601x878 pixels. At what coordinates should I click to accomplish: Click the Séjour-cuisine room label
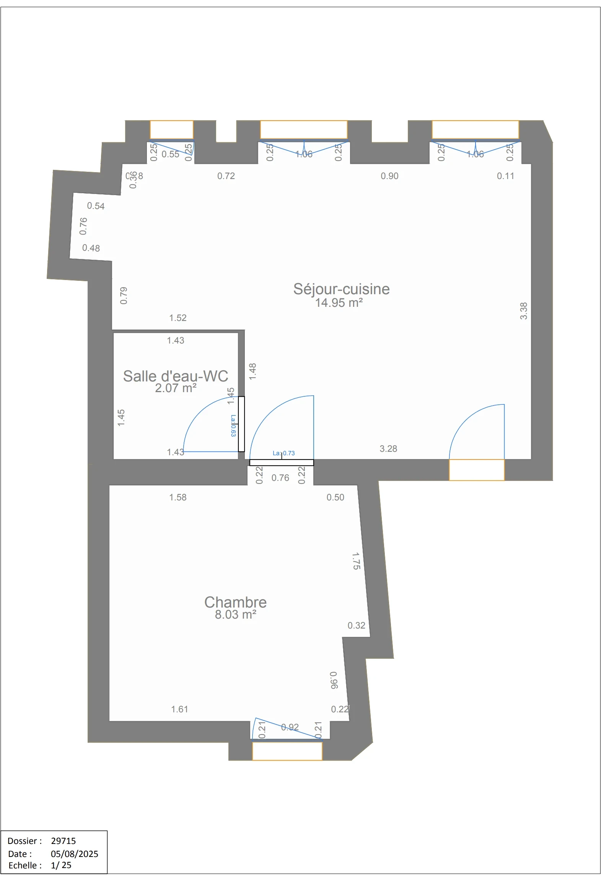tap(341, 289)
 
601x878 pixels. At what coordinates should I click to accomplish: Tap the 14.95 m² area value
tap(339, 303)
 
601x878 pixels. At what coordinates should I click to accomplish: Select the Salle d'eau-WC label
tap(175, 376)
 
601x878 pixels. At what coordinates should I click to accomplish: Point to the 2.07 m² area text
tap(175, 388)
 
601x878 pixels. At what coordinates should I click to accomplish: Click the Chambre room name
tap(235, 602)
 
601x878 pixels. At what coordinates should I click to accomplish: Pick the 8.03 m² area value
tap(235, 615)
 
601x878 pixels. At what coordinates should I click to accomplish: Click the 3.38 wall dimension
tap(523, 311)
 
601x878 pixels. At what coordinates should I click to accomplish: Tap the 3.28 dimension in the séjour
tap(388, 449)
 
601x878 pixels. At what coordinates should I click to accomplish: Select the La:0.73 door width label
tap(283, 453)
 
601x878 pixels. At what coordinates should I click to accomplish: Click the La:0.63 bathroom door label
tap(233, 425)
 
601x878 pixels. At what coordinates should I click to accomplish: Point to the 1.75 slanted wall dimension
tap(356, 561)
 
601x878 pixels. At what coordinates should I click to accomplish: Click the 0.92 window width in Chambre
tap(290, 727)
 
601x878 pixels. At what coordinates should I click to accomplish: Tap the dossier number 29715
tap(64, 841)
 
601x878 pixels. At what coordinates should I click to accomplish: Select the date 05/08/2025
tap(74, 854)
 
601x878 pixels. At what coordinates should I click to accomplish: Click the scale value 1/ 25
tap(61, 865)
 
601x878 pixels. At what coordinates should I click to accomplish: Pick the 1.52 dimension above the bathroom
tap(178, 318)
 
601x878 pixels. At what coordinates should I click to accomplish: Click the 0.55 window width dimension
tap(170, 154)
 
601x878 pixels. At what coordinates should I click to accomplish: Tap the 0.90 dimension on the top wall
tap(389, 176)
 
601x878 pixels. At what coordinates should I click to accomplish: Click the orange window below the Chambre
tap(287, 751)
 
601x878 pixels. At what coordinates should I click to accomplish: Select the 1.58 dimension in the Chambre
tap(178, 497)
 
